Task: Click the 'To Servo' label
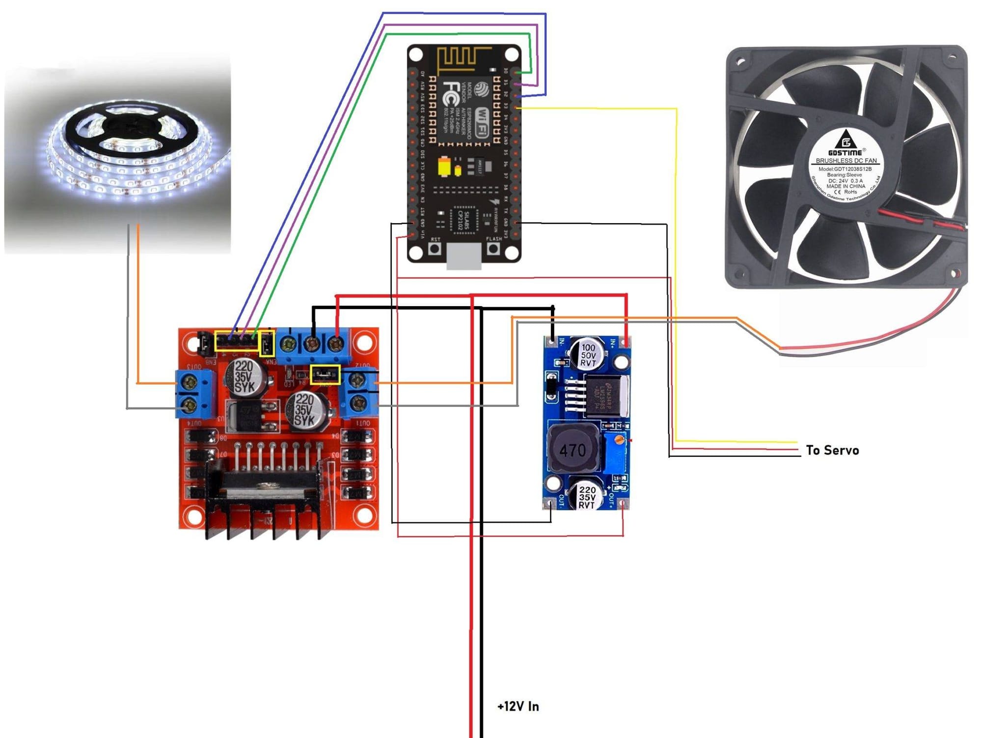pyautogui.click(x=832, y=450)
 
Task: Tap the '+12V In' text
pyautogui.click(x=518, y=707)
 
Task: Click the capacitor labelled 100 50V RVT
pyautogui.click(x=587, y=354)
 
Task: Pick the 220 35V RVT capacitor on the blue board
pyautogui.click(x=587, y=496)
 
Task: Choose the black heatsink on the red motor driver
pyautogui.click(x=265, y=506)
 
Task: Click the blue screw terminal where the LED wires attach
pyautogui.click(x=195, y=393)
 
